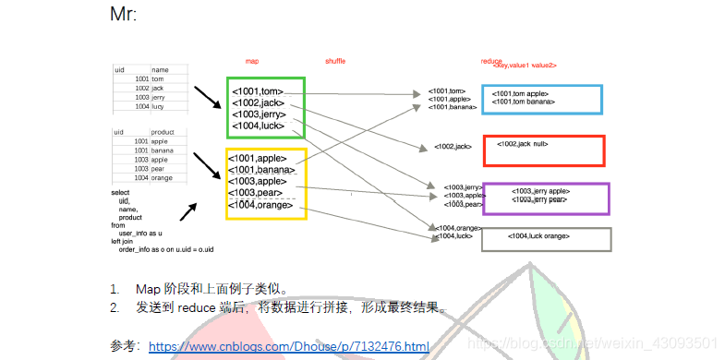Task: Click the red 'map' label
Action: (251, 61)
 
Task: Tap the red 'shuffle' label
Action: (335, 61)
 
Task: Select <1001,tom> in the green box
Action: (258, 90)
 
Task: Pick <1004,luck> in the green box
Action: (259, 126)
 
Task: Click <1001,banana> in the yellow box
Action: (261, 169)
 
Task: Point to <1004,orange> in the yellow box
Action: (260, 204)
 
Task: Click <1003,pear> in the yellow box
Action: (255, 193)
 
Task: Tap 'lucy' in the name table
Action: (159, 106)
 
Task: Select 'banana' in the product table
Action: (163, 150)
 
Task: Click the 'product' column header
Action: (163, 132)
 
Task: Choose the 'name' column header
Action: (161, 69)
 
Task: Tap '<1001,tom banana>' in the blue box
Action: (524, 102)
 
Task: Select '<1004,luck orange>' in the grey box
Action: (538, 236)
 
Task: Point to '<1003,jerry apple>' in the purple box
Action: (540, 191)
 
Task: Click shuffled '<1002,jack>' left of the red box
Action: (453, 147)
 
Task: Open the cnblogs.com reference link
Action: (288, 347)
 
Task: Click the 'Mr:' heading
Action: (123, 15)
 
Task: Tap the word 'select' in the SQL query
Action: (121, 192)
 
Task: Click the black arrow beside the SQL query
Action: (191, 212)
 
